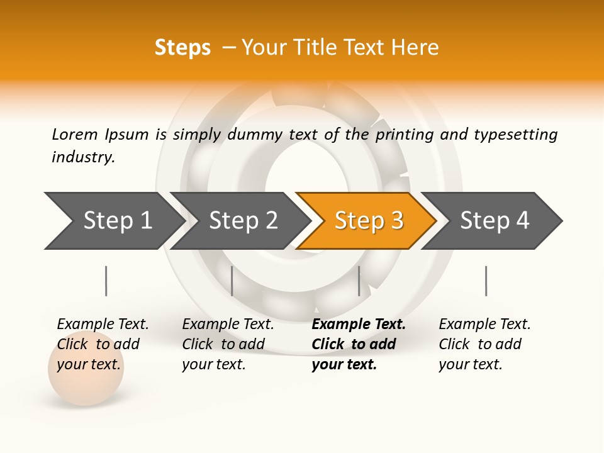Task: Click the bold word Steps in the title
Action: tap(182, 48)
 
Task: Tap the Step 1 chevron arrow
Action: tap(113, 221)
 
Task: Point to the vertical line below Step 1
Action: tap(106, 281)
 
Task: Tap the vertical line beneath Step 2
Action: tap(232, 281)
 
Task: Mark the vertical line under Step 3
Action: tap(359, 281)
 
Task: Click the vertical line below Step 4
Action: tap(486, 281)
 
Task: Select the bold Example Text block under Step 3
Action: tap(357, 344)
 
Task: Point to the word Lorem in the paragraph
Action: tap(74, 134)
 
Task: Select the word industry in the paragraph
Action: tap(83, 157)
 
